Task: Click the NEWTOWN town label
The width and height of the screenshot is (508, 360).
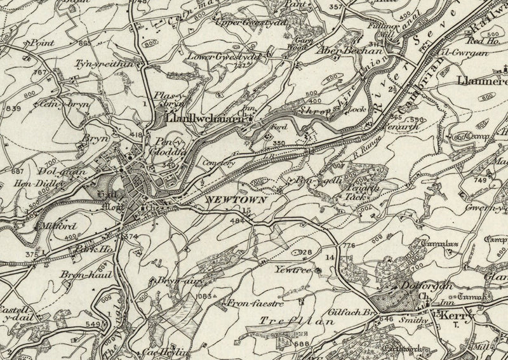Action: [x=235, y=199]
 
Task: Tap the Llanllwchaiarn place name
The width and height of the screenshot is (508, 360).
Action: [x=205, y=118]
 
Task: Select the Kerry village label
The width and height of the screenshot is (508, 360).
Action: [x=448, y=314]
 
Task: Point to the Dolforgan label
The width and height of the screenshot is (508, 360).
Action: [x=418, y=286]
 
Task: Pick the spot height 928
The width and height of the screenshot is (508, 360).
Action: [x=305, y=253]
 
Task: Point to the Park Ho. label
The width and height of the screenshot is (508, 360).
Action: [x=93, y=250]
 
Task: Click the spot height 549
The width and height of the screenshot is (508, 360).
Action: [x=93, y=324]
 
